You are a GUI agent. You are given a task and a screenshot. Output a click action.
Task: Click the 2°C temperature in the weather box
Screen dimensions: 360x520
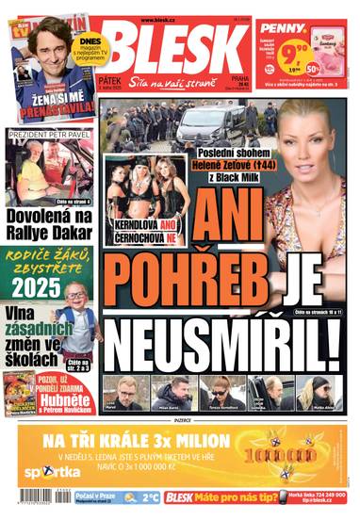tap(144, 496)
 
